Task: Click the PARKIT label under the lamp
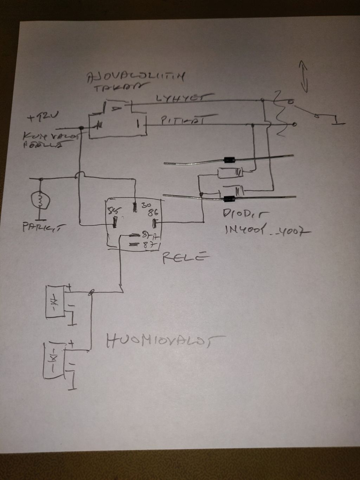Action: tap(40, 227)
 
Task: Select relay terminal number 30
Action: tap(146, 205)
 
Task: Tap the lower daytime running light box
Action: tap(53, 359)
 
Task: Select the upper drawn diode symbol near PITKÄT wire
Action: tap(229, 172)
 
